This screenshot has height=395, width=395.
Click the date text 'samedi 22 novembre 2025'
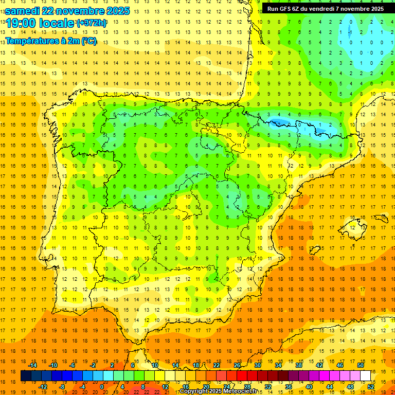click(67, 10)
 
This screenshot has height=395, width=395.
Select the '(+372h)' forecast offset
click(91, 23)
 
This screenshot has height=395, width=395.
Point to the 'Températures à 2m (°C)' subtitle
click(50, 41)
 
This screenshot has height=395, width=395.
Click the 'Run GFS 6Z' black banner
click(325, 9)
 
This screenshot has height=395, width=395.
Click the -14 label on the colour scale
click(33, 365)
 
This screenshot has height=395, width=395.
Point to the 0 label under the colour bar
click(101, 387)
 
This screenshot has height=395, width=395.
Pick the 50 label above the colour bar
click(360, 365)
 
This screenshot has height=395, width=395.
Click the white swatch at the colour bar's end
click(366, 376)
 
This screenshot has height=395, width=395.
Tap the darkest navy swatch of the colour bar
click(26, 376)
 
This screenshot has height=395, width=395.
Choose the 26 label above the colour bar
click(237, 365)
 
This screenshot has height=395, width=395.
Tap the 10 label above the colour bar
click(155, 365)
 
